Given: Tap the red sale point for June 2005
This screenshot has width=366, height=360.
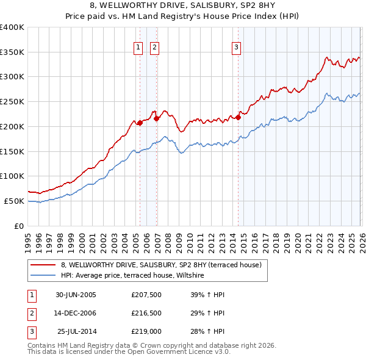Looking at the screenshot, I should [140, 123].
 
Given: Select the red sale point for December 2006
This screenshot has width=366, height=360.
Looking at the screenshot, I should [156, 118].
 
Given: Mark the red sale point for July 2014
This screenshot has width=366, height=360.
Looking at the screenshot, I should [238, 117].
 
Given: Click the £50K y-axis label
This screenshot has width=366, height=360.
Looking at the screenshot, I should [14, 201].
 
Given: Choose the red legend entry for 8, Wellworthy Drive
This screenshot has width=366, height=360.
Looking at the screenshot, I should [161, 265].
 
